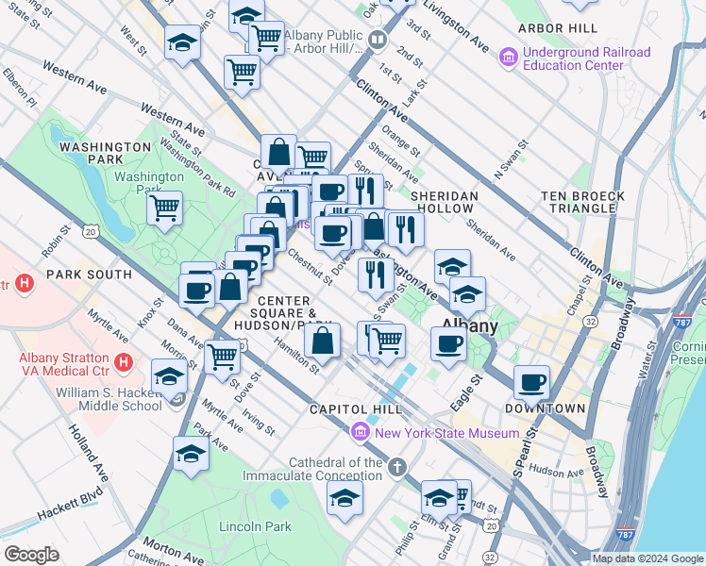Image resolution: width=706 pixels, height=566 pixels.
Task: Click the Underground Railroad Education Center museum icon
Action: [510, 58]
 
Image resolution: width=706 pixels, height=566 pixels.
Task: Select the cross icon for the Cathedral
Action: [398, 466]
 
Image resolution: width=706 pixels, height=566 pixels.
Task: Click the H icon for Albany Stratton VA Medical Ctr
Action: [122, 361]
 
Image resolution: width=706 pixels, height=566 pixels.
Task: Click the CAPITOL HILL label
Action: [356, 409]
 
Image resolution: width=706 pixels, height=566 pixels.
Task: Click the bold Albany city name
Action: [470, 326]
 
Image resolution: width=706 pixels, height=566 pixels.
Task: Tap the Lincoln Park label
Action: [255, 526]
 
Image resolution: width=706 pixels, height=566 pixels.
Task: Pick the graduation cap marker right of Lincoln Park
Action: [345, 497]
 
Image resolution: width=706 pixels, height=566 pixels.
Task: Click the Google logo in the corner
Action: [30, 555]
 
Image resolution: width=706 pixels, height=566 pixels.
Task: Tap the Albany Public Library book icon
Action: [378, 41]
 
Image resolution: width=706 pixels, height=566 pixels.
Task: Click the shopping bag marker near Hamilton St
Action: [322, 341]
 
